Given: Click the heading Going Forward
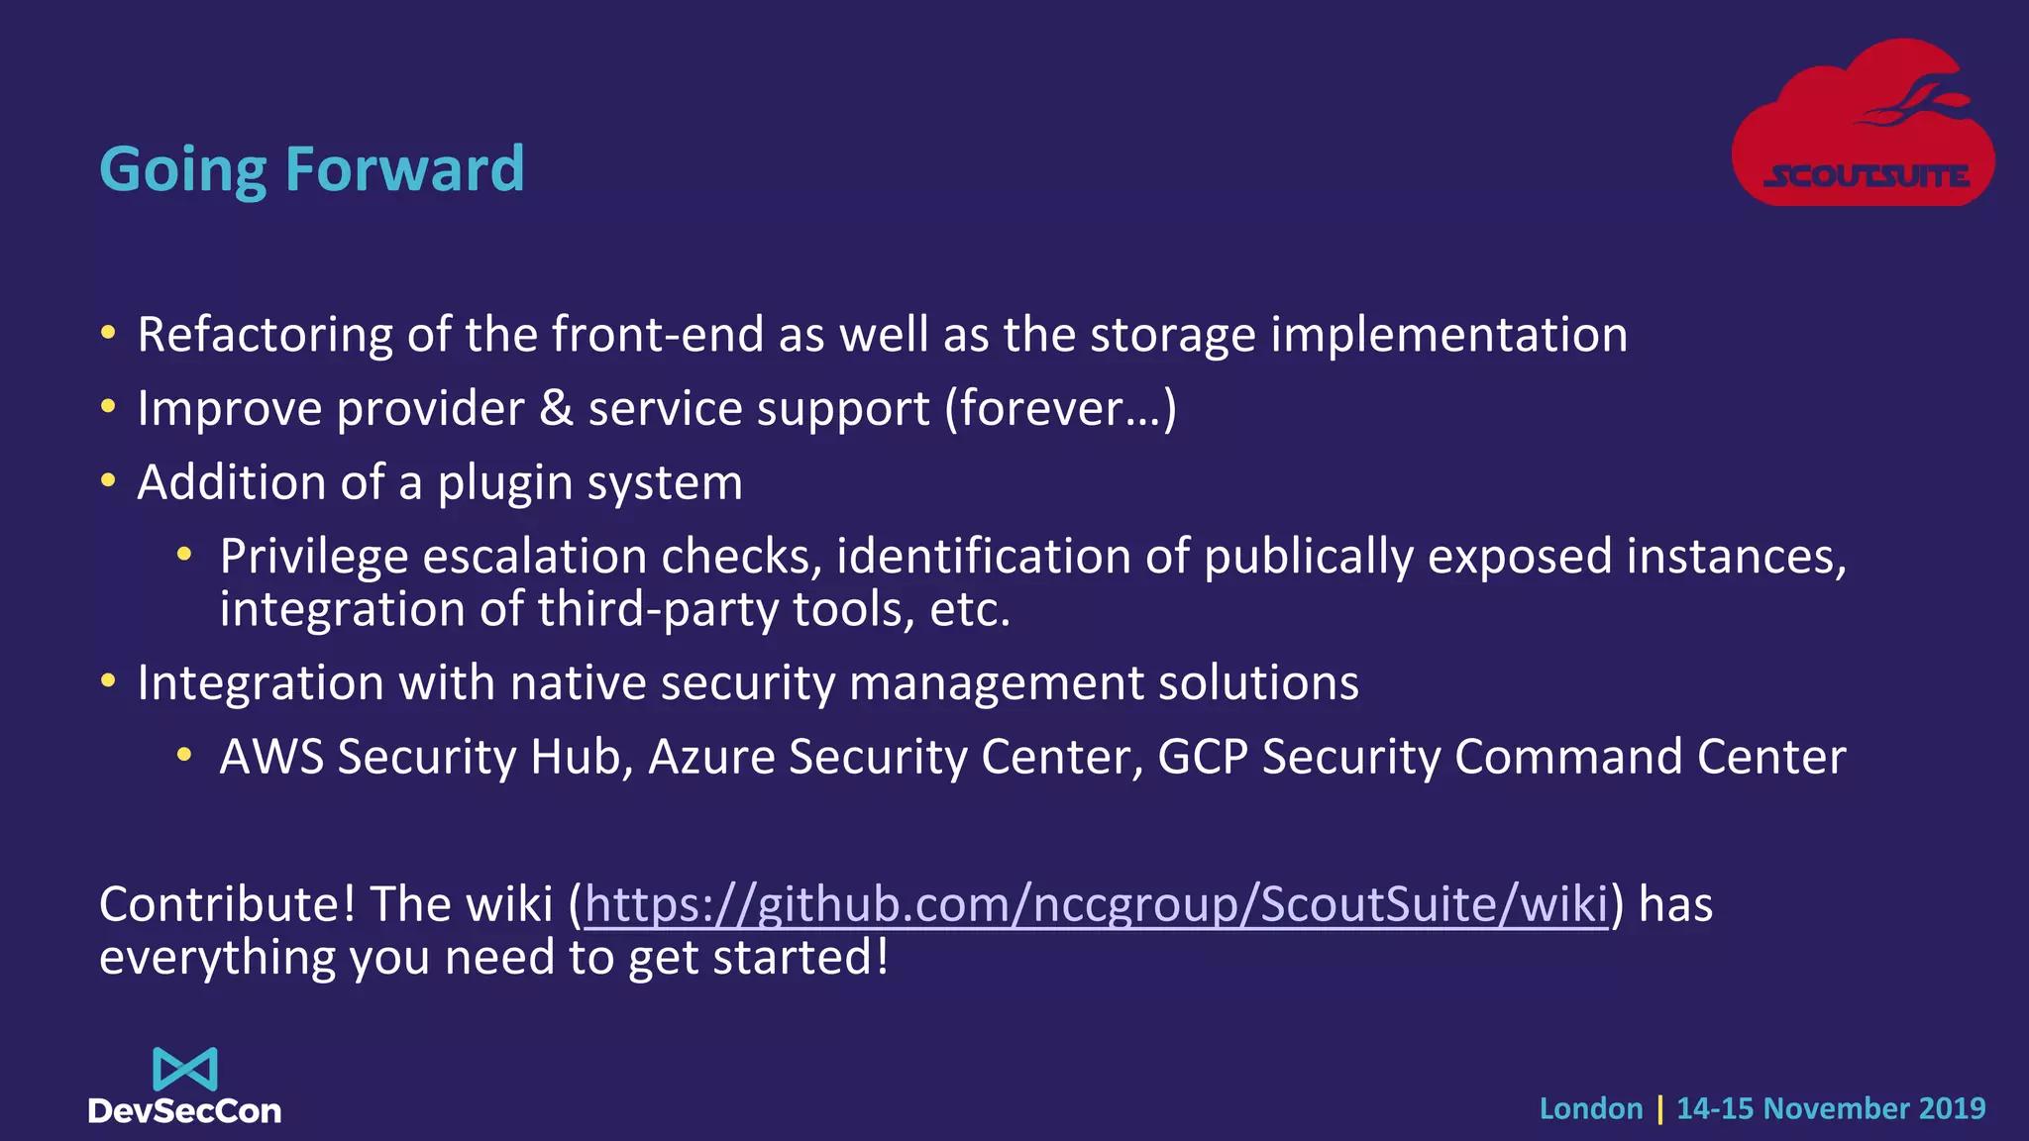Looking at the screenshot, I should click(311, 169).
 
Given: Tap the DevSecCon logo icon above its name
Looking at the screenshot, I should click(185, 1070).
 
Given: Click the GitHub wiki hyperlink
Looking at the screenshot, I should click(1096, 904).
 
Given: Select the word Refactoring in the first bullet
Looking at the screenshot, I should click(265, 335).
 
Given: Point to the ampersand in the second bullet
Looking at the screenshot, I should click(556, 408).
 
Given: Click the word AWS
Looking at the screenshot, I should click(271, 757).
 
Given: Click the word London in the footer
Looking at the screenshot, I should click(1590, 1108).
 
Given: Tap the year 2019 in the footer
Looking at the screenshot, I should click(1952, 1108).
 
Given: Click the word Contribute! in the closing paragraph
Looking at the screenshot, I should click(227, 904).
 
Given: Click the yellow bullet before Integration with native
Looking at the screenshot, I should click(108, 681).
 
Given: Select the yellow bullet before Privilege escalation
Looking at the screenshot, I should click(183, 555).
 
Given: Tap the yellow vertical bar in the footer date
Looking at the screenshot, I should click(1659, 1108).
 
